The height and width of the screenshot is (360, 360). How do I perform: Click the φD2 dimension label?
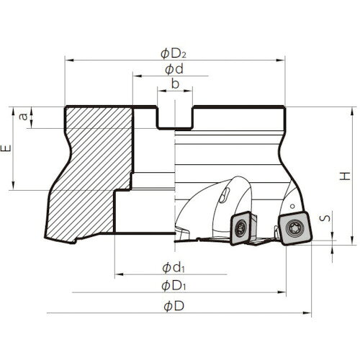(x=174, y=52)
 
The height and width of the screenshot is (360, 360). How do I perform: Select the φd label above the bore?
(x=173, y=69)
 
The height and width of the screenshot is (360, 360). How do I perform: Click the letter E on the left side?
(x=7, y=148)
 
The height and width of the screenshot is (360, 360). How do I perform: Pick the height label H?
(x=346, y=176)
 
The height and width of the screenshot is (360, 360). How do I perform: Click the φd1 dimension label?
(x=174, y=266)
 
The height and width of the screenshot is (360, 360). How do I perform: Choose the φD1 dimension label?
(x=174, y=285)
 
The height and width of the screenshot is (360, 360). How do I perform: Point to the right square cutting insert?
(x=294, y=225)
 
